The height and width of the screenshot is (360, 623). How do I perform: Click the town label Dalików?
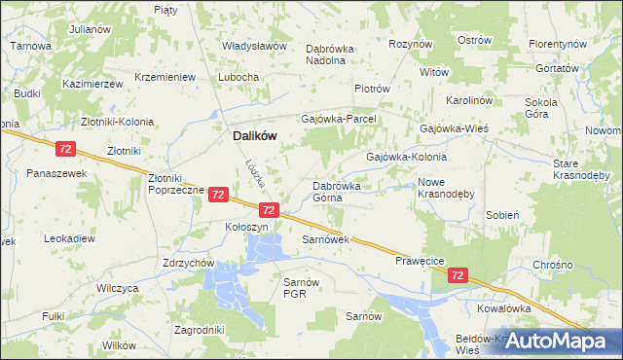click(x=254, y=138)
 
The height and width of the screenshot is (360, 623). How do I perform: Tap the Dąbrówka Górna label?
click(x=337, y=191)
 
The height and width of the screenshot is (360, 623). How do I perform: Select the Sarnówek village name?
click(x=325, y=238)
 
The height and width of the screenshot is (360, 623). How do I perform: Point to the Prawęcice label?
click(x=421, y=261)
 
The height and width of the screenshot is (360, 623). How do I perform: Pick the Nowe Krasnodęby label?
click(x=445, y=188)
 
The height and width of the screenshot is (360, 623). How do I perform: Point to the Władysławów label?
click(x=254, y=46)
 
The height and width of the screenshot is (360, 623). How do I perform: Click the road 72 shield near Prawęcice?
click(x=458, y=276)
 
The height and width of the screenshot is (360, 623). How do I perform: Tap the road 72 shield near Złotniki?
click(x=65, y=149)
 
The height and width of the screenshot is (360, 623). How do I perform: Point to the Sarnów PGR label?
click(x=295, y=287)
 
